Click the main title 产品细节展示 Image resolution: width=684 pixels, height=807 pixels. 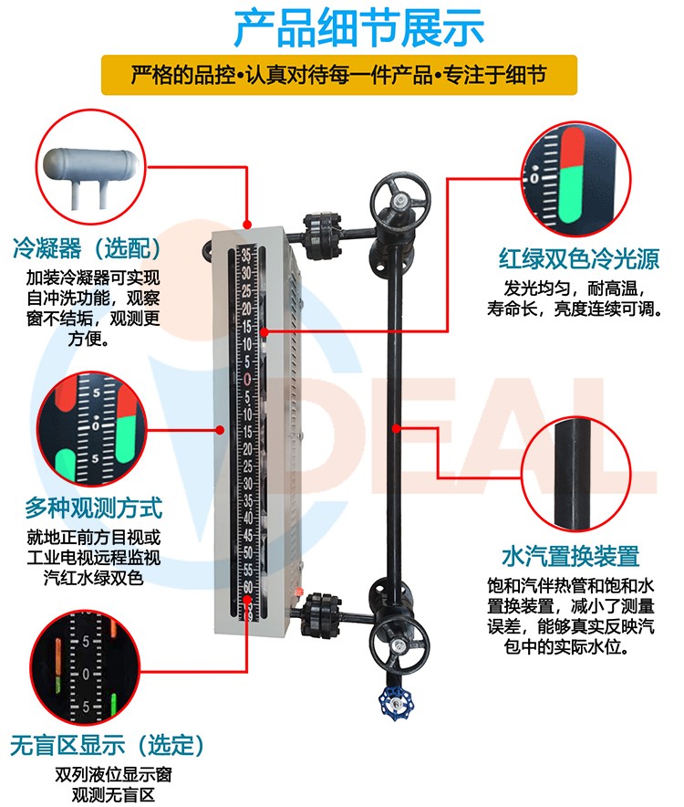pyautogui.click(x=358, y=28)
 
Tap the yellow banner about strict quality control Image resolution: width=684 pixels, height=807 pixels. pyautogui.click(x=339, y=75)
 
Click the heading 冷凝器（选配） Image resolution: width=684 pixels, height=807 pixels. pyautogui.click(x=87, y=248)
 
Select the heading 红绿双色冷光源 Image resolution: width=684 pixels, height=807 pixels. pyautogui.click(x=578, y=258)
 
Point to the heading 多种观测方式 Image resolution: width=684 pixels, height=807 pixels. pyautogui.click(x=94, y=508)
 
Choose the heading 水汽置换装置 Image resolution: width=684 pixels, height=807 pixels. pyautogui.click(x=570, y=556)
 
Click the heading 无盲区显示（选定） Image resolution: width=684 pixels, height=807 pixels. pyautogui.click(x=107, y=745)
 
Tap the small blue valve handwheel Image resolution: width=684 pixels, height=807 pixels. pyautogui.click(x=396, y=703)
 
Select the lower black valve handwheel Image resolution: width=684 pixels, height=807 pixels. pyautogui.click(x=399, y=645)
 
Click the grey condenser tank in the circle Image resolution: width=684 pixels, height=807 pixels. pyautogui.click(x=90, y=173)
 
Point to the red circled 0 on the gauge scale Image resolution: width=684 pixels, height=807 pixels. pyautogui.click(x=247, y=380)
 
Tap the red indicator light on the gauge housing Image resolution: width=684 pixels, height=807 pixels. pyautogui.click(x=298, y=591)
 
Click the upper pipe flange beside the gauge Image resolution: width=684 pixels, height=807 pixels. pyautogui.click(x=322, y=236)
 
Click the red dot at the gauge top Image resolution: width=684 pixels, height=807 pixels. pyautogui.click(x=247, y=225)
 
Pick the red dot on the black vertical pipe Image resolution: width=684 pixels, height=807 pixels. pyautogui.click(x=396, y=428)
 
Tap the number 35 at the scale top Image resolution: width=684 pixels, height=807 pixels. pyautogui.click(x=247, y=255)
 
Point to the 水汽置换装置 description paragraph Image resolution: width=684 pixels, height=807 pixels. pyautogui.click(x=570, y=616)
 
